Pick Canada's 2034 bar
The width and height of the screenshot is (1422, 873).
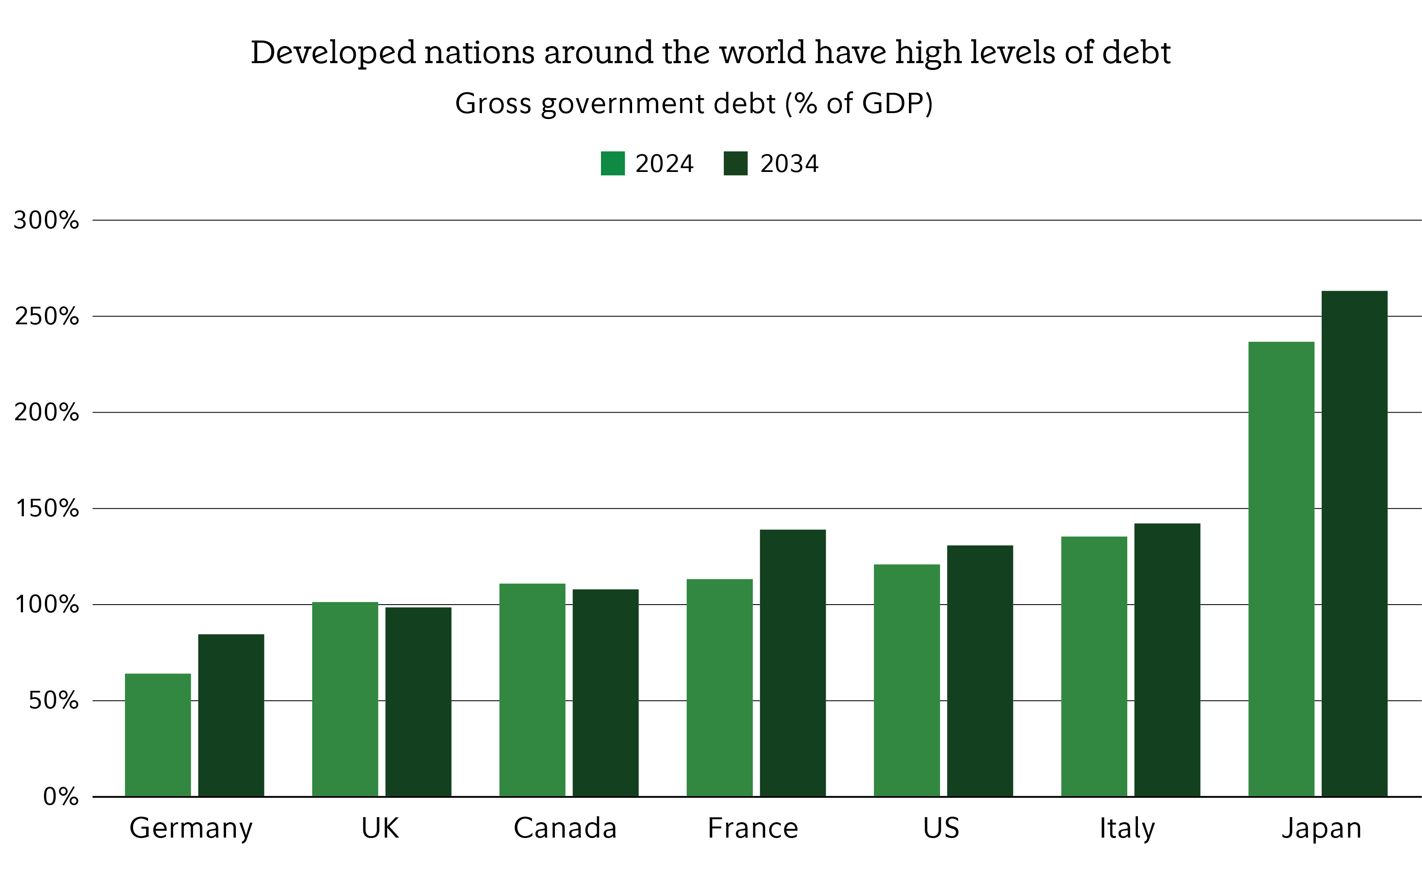[x=605, y=693]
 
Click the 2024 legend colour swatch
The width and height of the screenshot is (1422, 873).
[x=612, y=163]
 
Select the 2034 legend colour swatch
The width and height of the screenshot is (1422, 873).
[x=735, y=163]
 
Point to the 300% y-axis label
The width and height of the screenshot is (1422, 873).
[x=46, y=220]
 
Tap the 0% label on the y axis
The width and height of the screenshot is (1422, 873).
[x=61, y=797]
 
